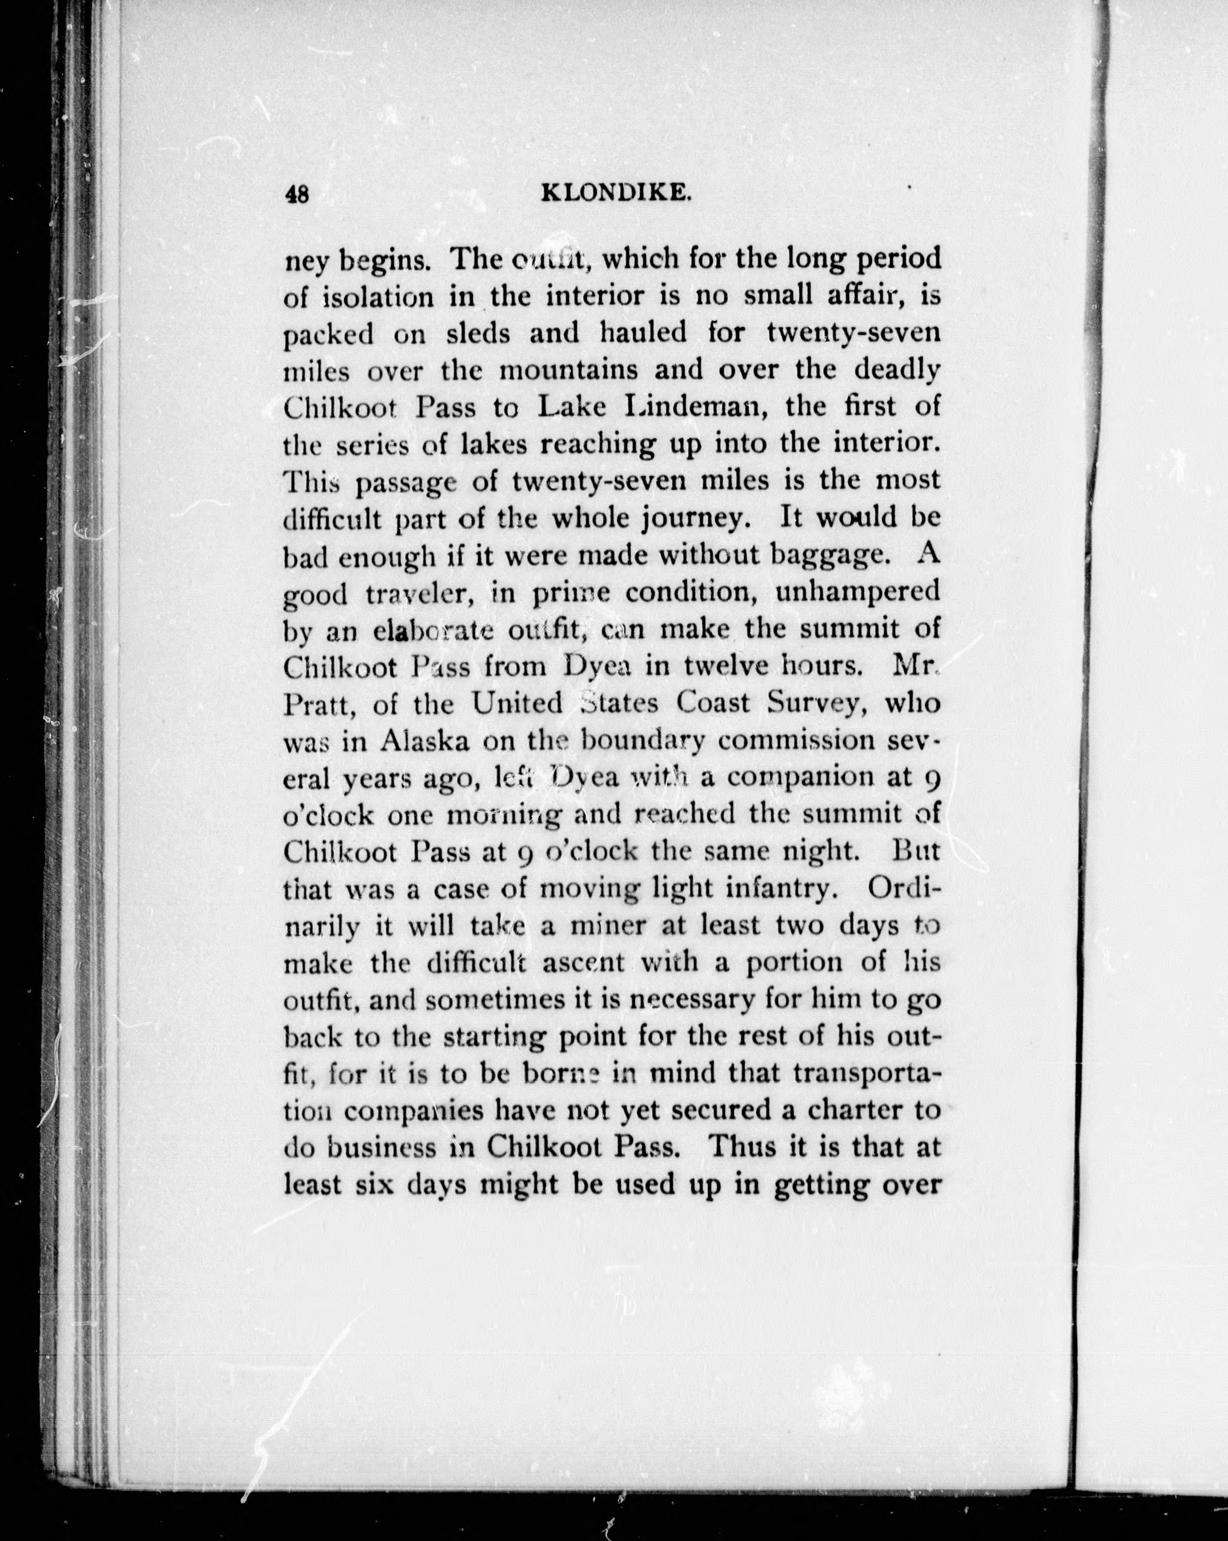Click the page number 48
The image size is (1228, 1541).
(x=297, y=194)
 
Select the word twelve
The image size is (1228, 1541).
(x=725, y=668)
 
